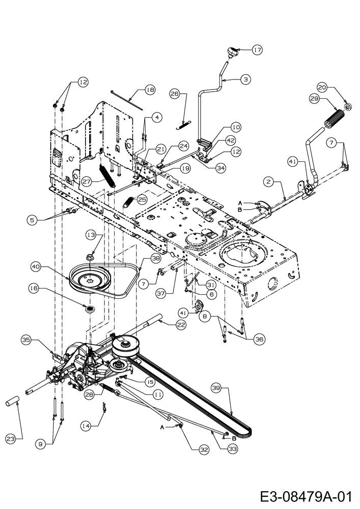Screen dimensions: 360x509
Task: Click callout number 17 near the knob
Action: pyautogui.click(x=258, y=50)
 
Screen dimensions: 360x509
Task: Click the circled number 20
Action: pyautogui.click(x=322, y=88)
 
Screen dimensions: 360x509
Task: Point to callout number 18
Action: pyautogui.click(x=150, y=90)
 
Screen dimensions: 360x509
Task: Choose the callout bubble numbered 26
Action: pyautogui.click(x=175, y=94)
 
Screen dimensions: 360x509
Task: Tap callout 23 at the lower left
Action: pyautogui.click(x=11, y=439)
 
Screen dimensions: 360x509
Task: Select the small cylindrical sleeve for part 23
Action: pyautogui.click(x=13, y=401)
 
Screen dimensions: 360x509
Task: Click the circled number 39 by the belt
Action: pyautogui.click(x=216, y=387)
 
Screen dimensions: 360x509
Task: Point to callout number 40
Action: pyautogui.click(x=36, y=267)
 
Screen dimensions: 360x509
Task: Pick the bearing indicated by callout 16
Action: pyautogui.click(x=89, y=308)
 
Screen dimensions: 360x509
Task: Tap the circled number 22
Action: pyautogui.click(x=181, y=325)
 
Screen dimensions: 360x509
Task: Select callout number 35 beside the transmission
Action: pyautogui.click(x=26, y=340)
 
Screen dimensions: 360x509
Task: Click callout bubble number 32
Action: pyautogui.click(x=204, y=449)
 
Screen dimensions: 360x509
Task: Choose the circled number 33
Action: pyautogui.click(x=233, y=448)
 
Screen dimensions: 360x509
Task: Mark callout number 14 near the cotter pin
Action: pyautogui.click(x=86, y=426)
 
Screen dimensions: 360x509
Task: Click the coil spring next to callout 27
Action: pyautogui.click(x=107, y=175)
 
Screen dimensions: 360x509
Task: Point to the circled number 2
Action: pyautogui.click(x=268, y=182)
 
